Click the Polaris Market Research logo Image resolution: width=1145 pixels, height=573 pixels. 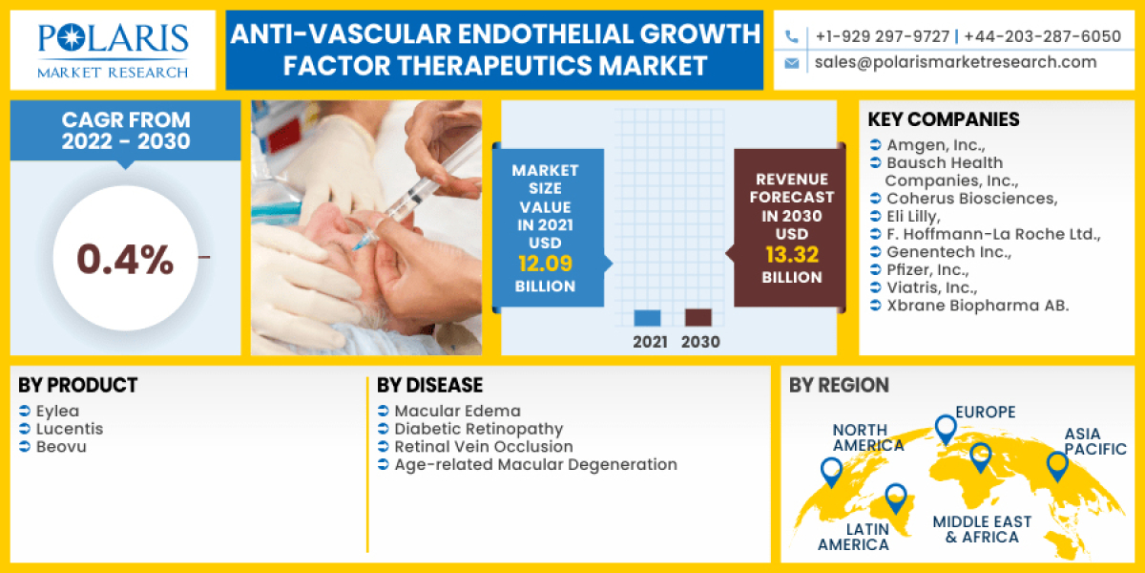pyautogui.click(x=113, y=51)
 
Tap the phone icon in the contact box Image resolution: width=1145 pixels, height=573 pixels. pyautogui.click(x=791, y=37)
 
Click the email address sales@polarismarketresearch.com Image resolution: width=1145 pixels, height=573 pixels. pyautogui.click(x=955, y=62)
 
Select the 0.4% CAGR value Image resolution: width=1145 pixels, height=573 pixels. pyautogui.click(x=125, y=259)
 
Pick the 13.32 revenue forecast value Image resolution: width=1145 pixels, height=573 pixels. pyautogui.click(x=791, y=254)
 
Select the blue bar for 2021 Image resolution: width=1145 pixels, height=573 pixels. pyautogui.click(x=647, y=318)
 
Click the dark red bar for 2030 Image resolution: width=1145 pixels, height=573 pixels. pyautogui.click(x=698, y=317)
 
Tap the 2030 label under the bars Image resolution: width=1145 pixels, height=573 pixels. pyautogui.click(x=700, y=342)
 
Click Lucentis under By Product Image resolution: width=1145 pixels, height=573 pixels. pyautogui.click(x=69, y=429)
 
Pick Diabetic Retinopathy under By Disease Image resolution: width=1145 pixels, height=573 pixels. pyautogui.click(x=478, y=429)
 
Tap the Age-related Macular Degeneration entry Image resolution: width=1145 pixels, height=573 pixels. pyautogui.click(x=535, y=465)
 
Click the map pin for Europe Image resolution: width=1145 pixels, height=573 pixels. pyautogui.click(x=945, y=429)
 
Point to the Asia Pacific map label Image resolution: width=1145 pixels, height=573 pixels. pyautogui.click(x=1095, y=441)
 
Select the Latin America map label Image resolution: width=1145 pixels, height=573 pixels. pyautogui.click(x=853, y=536)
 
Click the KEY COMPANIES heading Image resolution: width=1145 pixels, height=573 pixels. pyautogui.click(x=944, y=120)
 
